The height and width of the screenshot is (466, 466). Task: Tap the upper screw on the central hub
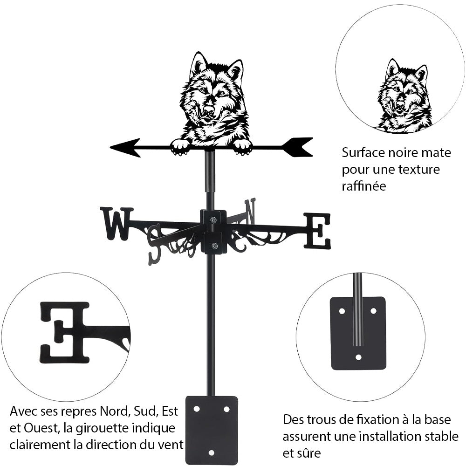click(213, 220)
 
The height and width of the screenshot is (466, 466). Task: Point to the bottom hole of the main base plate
click(212, 452)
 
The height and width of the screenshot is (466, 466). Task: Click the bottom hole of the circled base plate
click(358, 357)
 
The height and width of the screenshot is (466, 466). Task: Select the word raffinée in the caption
click(364, 186)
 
